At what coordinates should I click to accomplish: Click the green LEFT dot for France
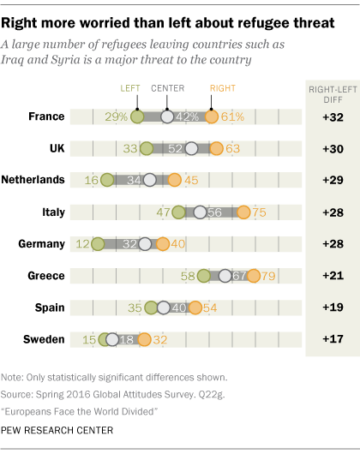click(x=137, y=117)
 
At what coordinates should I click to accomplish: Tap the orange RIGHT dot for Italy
click(x=243, y=212)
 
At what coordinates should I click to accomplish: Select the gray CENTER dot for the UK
click(x=191, y=148)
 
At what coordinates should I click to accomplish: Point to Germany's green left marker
click(x=98, y=244)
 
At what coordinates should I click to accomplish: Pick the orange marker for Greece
click(x=254, y=276)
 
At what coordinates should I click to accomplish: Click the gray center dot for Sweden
click(x=112, y=339)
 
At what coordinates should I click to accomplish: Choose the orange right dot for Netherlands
click(x=174, y=180)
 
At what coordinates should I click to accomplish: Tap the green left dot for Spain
click(x=151, y=308)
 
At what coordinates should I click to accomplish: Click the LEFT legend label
click(x=130, y=88)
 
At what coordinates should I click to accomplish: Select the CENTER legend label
click(x=168, y=88)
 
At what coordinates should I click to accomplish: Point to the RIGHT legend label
click(x=223, y=88)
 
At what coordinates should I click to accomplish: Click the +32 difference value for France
click(x=333, y=117)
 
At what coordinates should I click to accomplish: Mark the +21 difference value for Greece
click(x=333, y=275)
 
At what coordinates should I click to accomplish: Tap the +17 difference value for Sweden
click(x=333, y=339)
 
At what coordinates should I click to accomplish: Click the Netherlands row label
click(x=33, y=180)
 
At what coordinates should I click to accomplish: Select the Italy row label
click(x=54, y=212)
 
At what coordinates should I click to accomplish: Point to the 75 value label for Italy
click(x=259, y=212)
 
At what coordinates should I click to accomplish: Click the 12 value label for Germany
click(x=82, y=244)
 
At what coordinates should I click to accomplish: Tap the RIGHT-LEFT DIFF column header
click(x=333, y=95)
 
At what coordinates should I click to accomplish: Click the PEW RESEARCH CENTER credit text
click(x=57, y=431)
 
